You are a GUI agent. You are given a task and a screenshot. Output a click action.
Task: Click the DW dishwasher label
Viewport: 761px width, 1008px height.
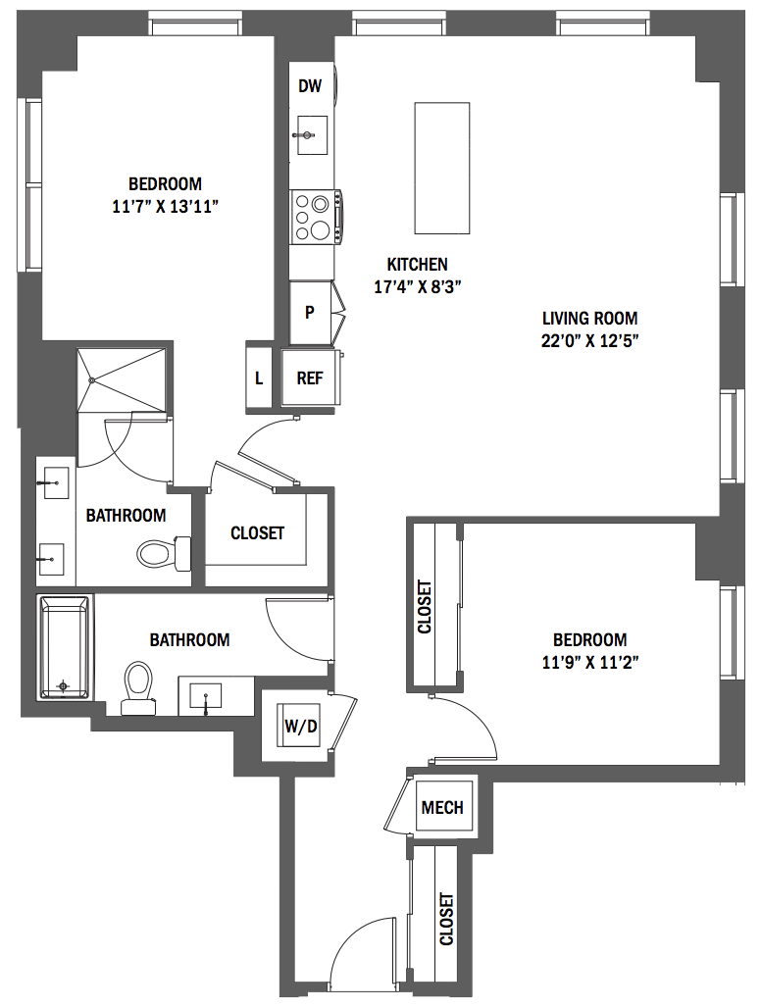click(310, 86)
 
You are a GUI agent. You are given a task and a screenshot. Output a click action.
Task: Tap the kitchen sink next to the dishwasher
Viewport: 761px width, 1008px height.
click(312, 135)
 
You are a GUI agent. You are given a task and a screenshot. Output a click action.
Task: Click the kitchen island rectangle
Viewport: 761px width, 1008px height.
click(441, 168)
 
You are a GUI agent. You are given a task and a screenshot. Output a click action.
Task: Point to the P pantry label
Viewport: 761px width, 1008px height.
click(310, 313)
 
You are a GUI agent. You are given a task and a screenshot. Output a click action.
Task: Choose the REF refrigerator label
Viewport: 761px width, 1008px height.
click(310, 378)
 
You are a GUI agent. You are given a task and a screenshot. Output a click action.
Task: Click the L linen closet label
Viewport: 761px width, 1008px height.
click(259, 378)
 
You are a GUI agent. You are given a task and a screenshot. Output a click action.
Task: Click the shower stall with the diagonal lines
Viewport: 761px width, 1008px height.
click(123, 379)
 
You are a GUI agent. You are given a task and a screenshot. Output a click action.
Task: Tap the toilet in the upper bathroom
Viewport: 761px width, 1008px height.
click(165, 553)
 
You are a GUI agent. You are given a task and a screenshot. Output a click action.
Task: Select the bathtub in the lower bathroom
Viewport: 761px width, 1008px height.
click(65, 647)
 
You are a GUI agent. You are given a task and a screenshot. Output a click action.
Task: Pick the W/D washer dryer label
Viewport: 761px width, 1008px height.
click(301, 727)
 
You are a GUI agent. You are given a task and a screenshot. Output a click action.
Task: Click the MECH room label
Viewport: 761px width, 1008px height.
click(442, 807)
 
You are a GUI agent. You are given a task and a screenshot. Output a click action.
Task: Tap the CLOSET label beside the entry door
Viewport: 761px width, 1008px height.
click(446, 919)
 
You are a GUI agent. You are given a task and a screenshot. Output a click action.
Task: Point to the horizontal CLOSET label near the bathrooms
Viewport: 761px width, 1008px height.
click(257, 533)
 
